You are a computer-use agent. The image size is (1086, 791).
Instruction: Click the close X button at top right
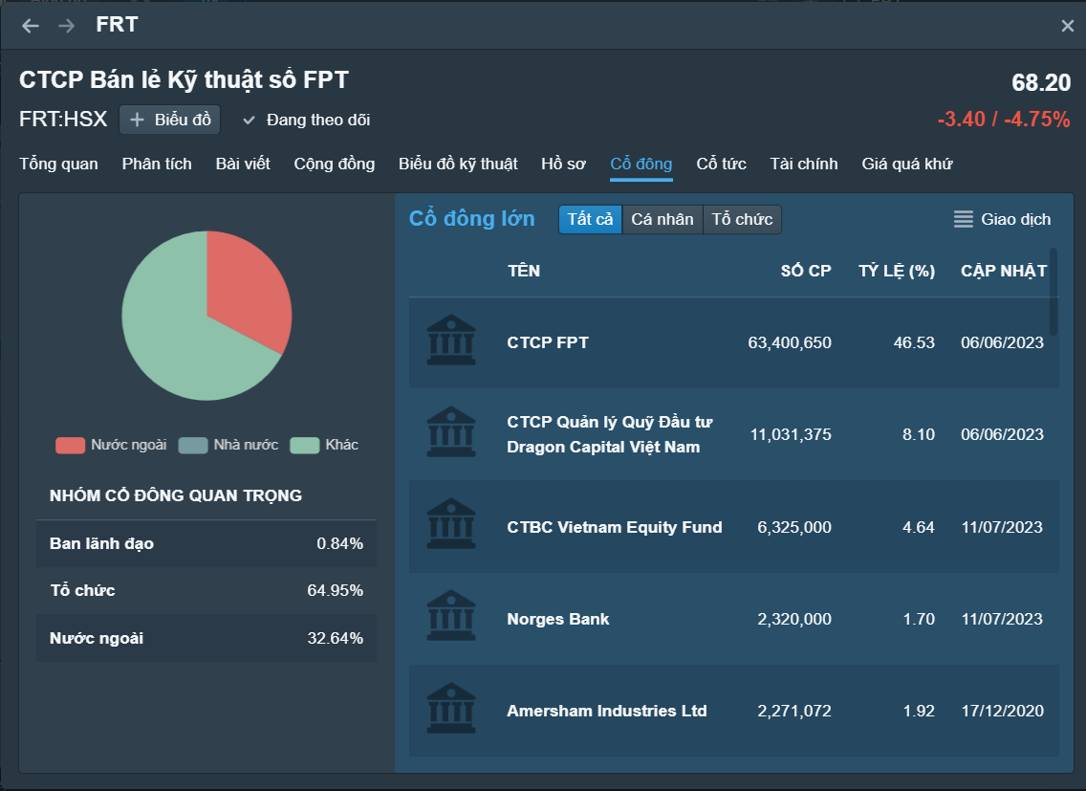tap(1067, 26)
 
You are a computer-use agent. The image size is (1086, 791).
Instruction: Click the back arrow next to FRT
tap(31, 26)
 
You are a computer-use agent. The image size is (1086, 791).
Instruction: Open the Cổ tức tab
tap(721, 164)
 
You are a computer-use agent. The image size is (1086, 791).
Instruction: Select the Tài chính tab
tap(804, 164)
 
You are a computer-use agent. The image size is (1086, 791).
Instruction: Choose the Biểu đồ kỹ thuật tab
tap(458, 164)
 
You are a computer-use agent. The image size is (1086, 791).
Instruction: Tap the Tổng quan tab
tap(58, 164)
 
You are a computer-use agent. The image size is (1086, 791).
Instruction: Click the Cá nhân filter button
tap(662, 220)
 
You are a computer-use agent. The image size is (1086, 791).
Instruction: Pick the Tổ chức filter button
tap(742, 220)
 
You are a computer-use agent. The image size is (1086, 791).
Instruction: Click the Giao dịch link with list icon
tap(1002, 220)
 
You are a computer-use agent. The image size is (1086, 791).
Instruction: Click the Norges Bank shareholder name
tap(557, 619)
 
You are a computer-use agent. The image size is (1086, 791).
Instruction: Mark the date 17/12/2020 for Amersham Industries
tap(1002, 711)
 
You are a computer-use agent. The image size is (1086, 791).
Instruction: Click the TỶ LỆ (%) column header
tap(896, 271)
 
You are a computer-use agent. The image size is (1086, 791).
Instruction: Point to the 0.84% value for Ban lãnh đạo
tap(339, 543)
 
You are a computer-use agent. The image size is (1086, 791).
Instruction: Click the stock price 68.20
tap(1041, 83)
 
